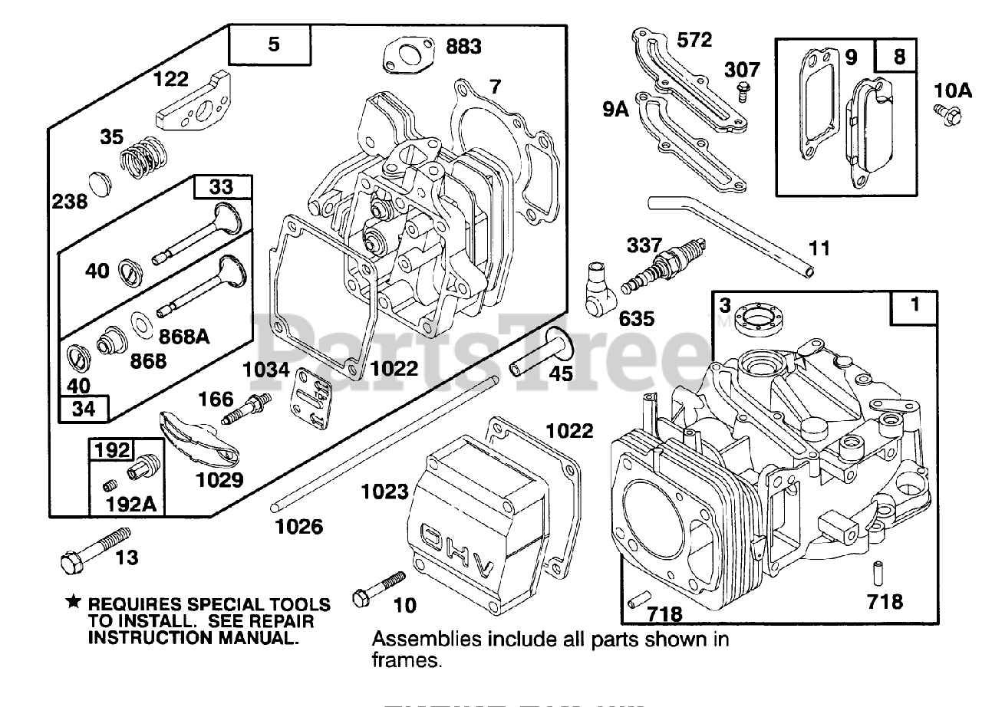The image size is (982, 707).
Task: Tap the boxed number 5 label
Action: coord(274,44)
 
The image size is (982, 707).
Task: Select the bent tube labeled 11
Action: coord(730,233)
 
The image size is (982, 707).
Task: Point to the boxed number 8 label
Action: coord(899,56)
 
